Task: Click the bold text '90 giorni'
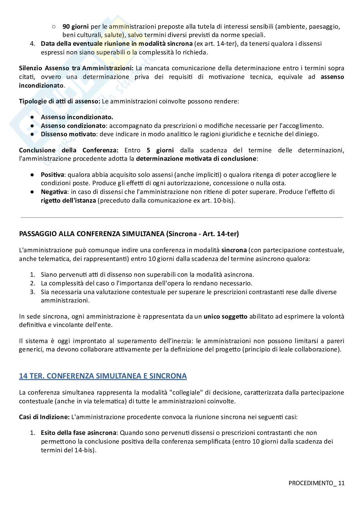[76, 26]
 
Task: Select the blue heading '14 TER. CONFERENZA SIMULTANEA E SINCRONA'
[103, 376]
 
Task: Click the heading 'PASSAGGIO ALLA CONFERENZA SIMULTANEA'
[92, 234]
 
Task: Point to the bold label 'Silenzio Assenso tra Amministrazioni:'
[76, 68]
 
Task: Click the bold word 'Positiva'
[53, 175]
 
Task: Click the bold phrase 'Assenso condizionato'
[73, 126]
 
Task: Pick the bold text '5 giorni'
[160, 150]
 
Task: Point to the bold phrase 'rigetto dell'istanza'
[68, 200]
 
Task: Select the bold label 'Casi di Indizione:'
[44, 417]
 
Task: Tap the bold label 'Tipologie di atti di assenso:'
[60, 101]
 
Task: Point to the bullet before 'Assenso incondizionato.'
[32, 117]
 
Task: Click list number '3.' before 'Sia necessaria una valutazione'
[32, 292]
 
